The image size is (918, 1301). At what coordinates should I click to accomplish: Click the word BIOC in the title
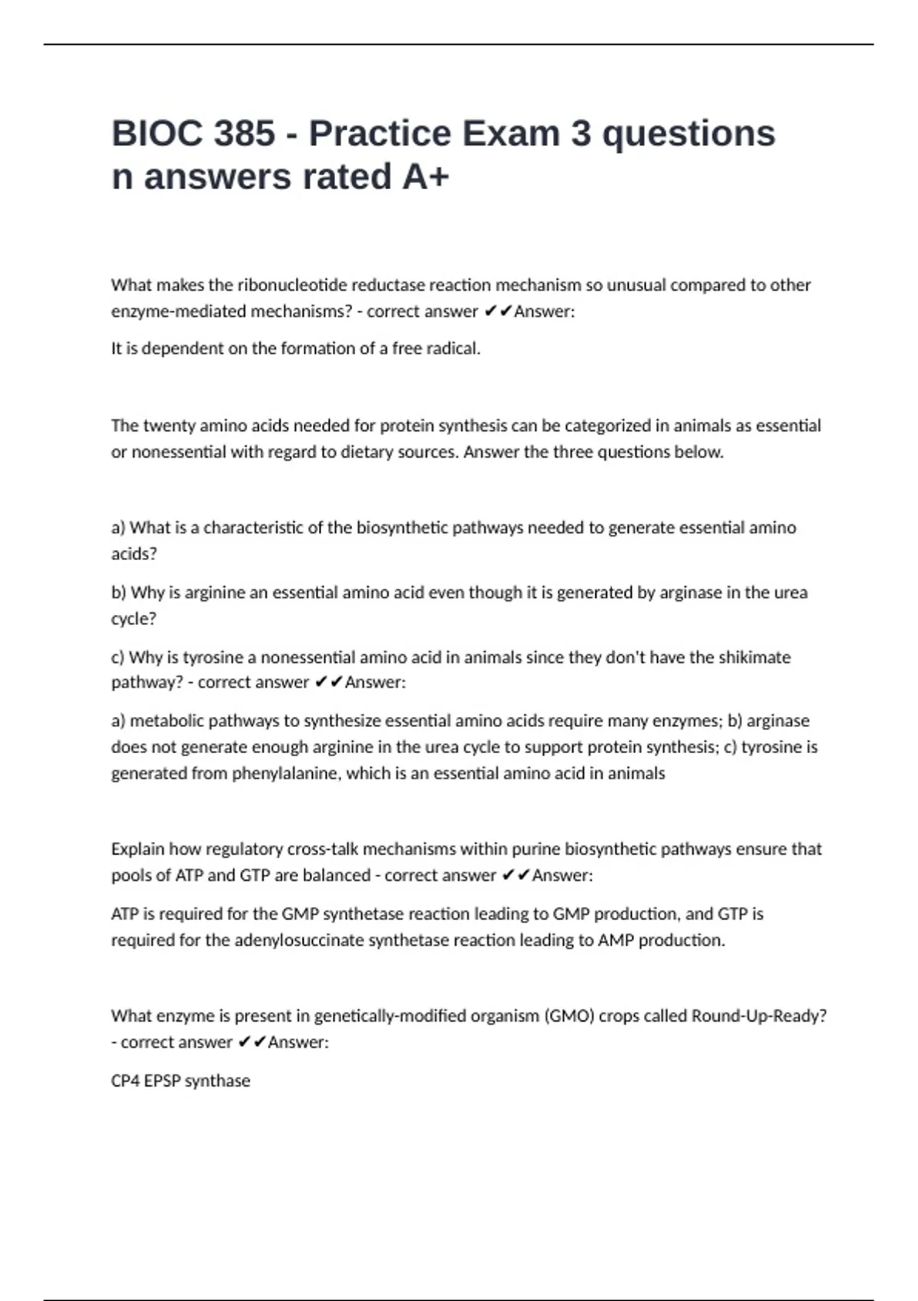[155, 134]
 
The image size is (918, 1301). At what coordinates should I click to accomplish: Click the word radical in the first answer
[454, 349]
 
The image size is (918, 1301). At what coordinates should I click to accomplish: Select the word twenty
[169, 426]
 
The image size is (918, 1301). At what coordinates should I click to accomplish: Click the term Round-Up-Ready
[758, 1016]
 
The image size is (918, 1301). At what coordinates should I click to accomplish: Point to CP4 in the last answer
[125, 1081]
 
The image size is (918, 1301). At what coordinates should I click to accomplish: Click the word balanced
[337, 875]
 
